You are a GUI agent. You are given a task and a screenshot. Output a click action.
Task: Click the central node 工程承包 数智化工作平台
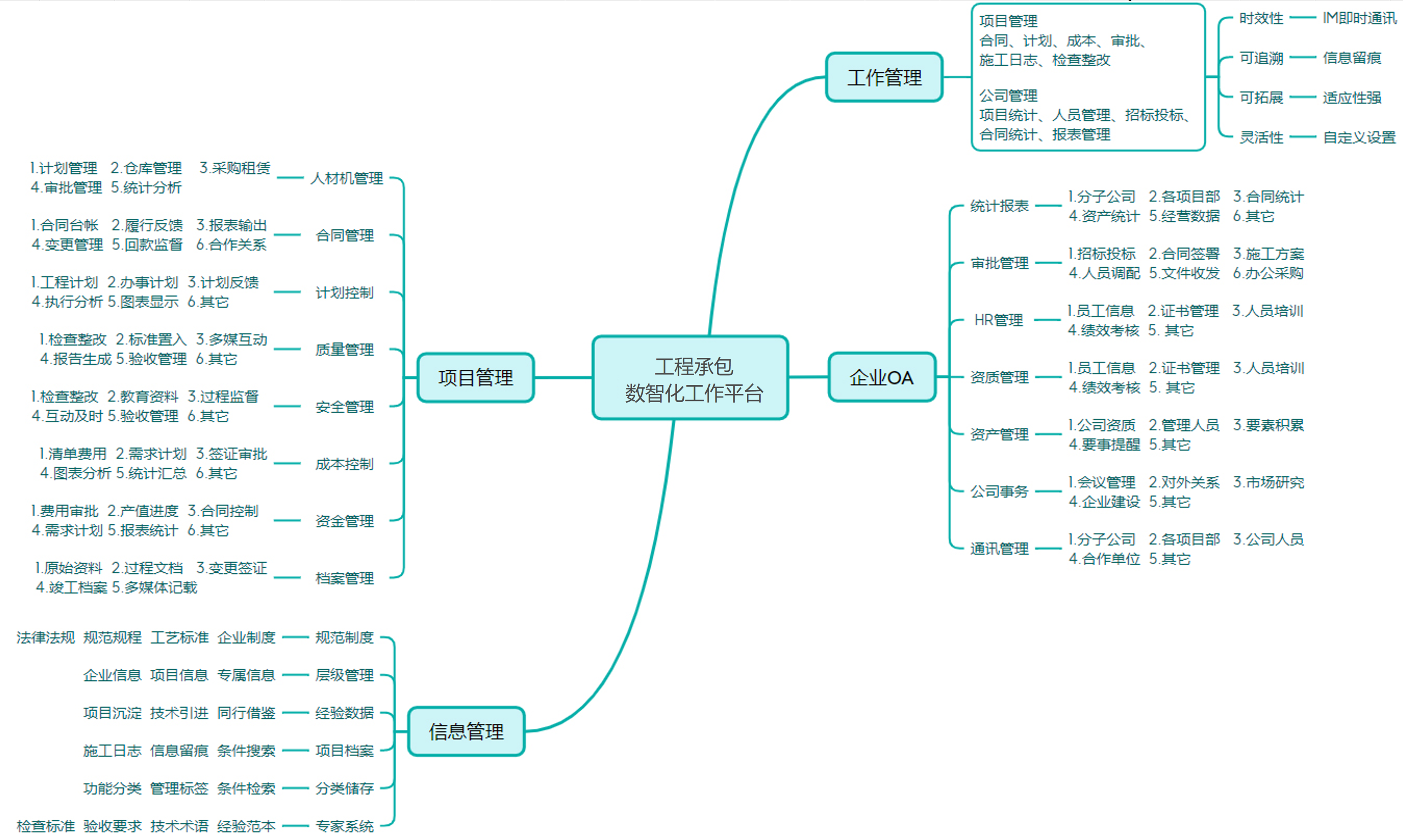tap(690, 378)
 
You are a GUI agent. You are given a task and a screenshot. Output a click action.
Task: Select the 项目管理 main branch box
tap(475, 378)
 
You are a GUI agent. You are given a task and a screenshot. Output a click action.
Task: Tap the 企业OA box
tap(882, 378)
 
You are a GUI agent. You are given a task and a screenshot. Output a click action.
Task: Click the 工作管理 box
tap(884, 78)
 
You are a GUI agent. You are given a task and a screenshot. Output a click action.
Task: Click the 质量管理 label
tap(344, 349)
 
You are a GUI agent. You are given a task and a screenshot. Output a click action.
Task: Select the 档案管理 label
tap(344, 578)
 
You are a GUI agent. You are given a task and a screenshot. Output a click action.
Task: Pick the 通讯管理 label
tap(999, 549)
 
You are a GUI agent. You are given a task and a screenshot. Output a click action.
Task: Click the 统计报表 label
tap(999, 206)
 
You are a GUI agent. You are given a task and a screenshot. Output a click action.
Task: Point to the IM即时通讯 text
tap(1359, 19)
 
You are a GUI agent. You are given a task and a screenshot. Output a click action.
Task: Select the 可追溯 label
tap(1261, 58)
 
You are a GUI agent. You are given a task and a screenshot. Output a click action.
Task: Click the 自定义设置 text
tap(1359, 137)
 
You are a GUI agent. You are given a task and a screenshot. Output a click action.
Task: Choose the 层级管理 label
tap(344, 675)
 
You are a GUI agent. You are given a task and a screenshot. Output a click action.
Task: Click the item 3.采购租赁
tap(235, 168)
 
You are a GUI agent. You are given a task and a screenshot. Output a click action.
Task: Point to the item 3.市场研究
tap(1268, 482)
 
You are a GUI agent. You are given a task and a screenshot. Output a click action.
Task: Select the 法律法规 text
tap(46, 637)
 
